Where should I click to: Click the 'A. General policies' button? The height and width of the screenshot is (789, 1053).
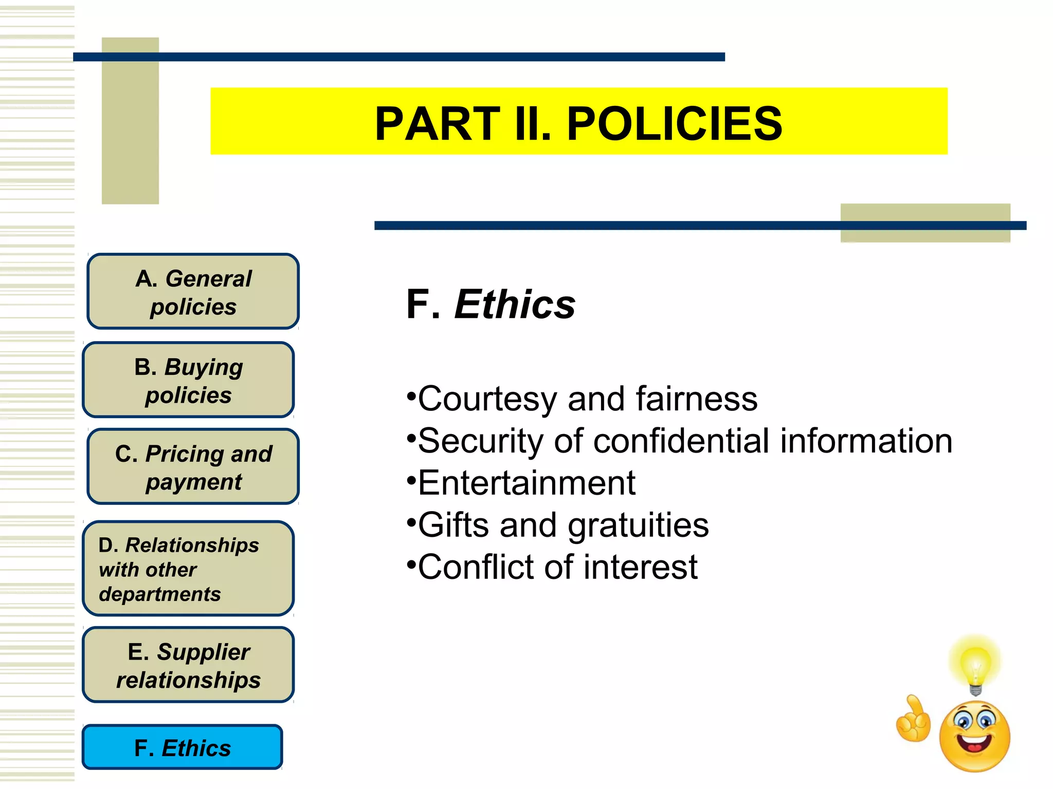pyautogui.click(x=193, y=292)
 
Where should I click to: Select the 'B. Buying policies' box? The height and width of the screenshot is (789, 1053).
pyautogui.click(x=188, y=380)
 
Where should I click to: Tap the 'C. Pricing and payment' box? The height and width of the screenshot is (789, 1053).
pyautogui.click(x=193, y=467)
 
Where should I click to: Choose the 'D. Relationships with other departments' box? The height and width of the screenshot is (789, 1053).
pyautogui.click(x=188, y=569)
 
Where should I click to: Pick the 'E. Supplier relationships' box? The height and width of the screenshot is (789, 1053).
pyautogui.click(x=188, y=665)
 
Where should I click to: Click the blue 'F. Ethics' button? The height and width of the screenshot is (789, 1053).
pyautogui.click(x=183, y=747)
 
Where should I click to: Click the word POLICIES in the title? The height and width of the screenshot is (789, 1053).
pyautogui.click(x=674, y=123)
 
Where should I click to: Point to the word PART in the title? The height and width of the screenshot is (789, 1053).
pyautogui.click(x=438, y=123)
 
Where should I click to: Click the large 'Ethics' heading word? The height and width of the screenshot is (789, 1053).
pyautogui.click(x=515, y=304)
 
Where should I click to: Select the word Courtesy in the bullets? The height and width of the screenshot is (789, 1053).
pyautogui.click(x=487, y=399)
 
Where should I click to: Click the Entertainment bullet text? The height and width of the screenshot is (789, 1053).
pyautogui.click(x=526, y=483)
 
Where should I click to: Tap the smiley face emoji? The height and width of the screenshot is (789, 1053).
pyautogui.click(x=974, y=736)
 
